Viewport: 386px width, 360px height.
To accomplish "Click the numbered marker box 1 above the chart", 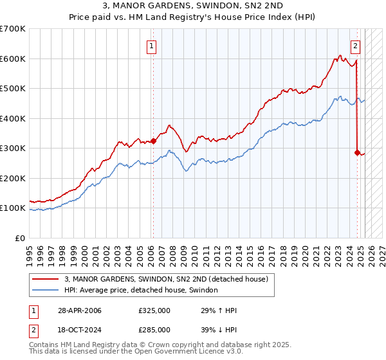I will (x=151, y=46).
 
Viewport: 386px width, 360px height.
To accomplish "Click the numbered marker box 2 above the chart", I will (x=355, y=46).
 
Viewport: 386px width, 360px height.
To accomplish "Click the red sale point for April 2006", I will (x=153, y=141).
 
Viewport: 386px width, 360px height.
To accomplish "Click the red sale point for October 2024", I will (x=357, y=152).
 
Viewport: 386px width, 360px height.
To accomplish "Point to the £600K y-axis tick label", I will (x=12, y=59).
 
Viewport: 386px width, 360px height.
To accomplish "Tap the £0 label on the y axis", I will (x=19, y=238).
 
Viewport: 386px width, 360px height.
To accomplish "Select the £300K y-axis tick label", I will (x=12, y=148).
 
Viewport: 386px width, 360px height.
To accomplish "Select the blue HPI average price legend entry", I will (x=141, y=290).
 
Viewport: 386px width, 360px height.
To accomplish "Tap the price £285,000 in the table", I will (x=154, y=330).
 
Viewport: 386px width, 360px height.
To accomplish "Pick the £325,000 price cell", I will (x=154, y=310).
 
